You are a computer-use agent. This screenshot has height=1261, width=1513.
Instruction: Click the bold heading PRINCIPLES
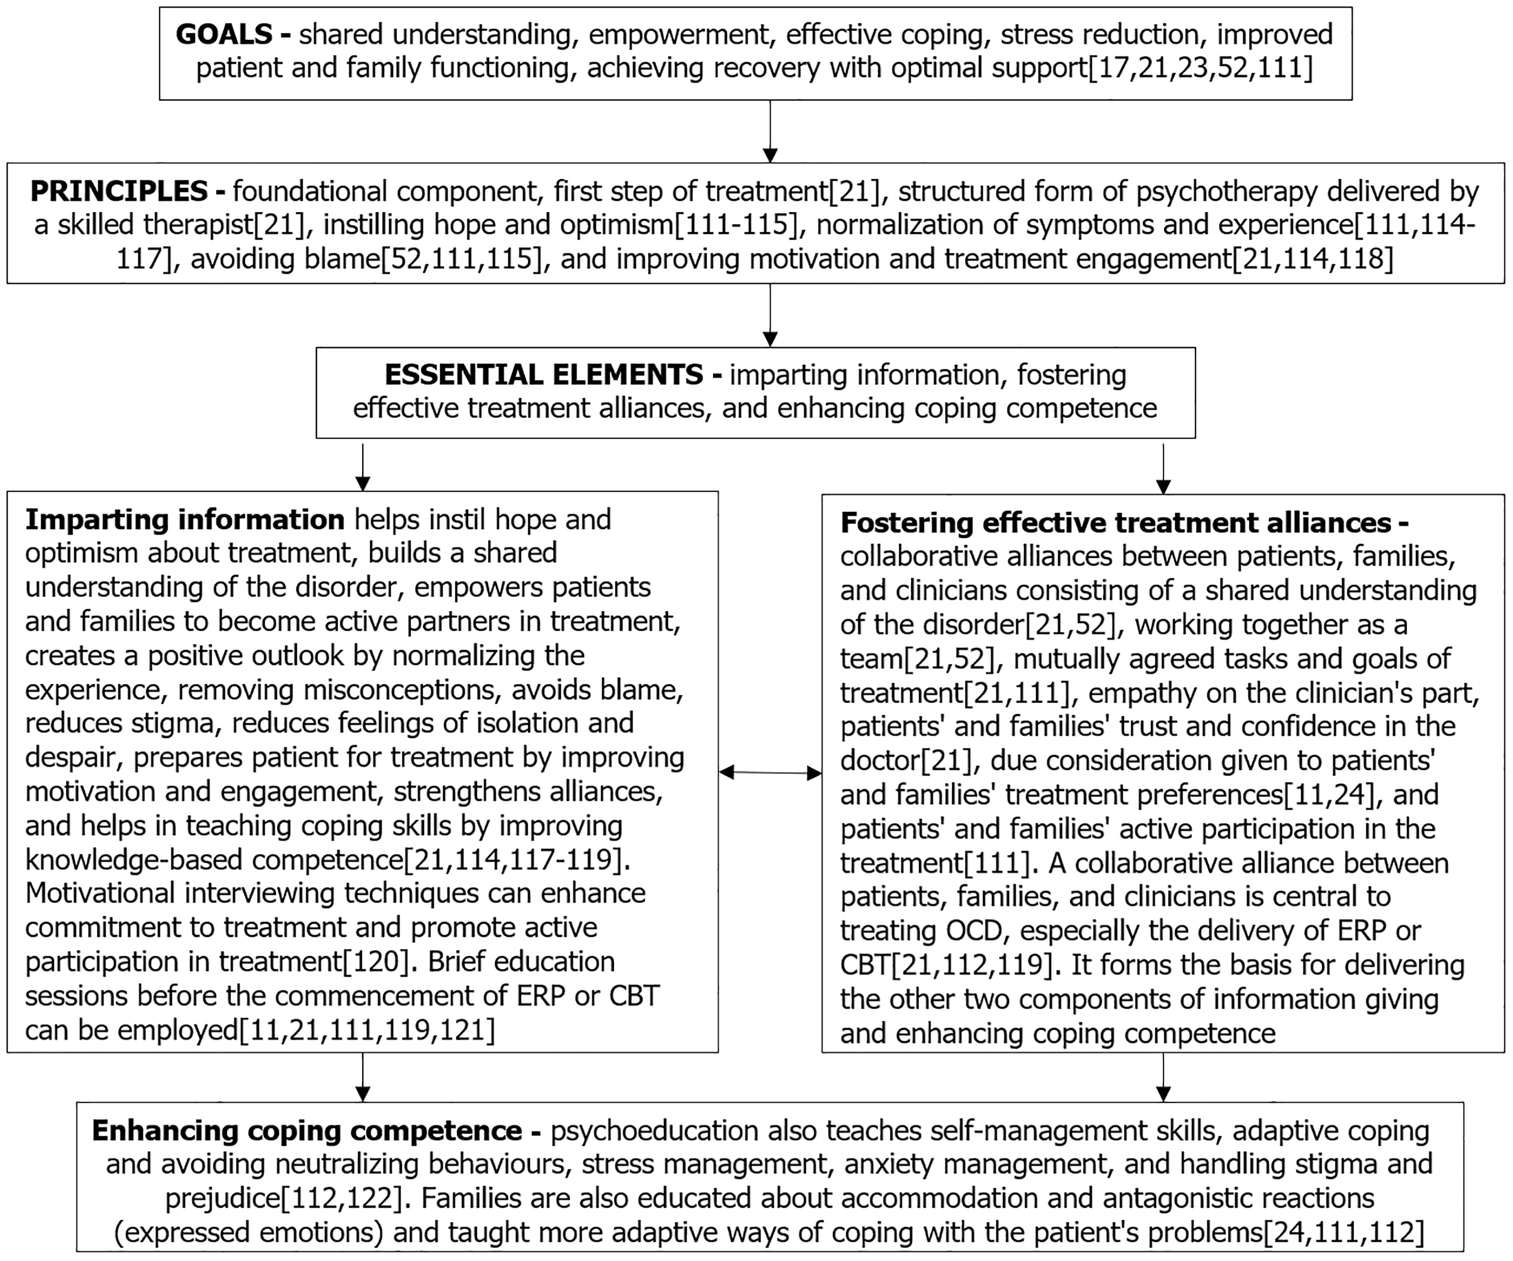(x=119, y=191)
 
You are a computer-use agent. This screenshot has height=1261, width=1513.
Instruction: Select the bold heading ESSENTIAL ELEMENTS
(x=544, y=375)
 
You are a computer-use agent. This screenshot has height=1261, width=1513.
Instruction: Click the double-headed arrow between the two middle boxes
(x=770, y=773)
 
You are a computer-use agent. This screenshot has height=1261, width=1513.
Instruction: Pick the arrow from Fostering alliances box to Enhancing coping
(x=1164, y=1077)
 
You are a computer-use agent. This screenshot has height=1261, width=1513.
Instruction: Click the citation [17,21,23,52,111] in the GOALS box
(x=1200, y=68)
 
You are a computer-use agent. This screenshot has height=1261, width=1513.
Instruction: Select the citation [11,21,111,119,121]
(x=367, y=1030)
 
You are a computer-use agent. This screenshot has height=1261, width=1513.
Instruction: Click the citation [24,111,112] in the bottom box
(x=1344, y=1232)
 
